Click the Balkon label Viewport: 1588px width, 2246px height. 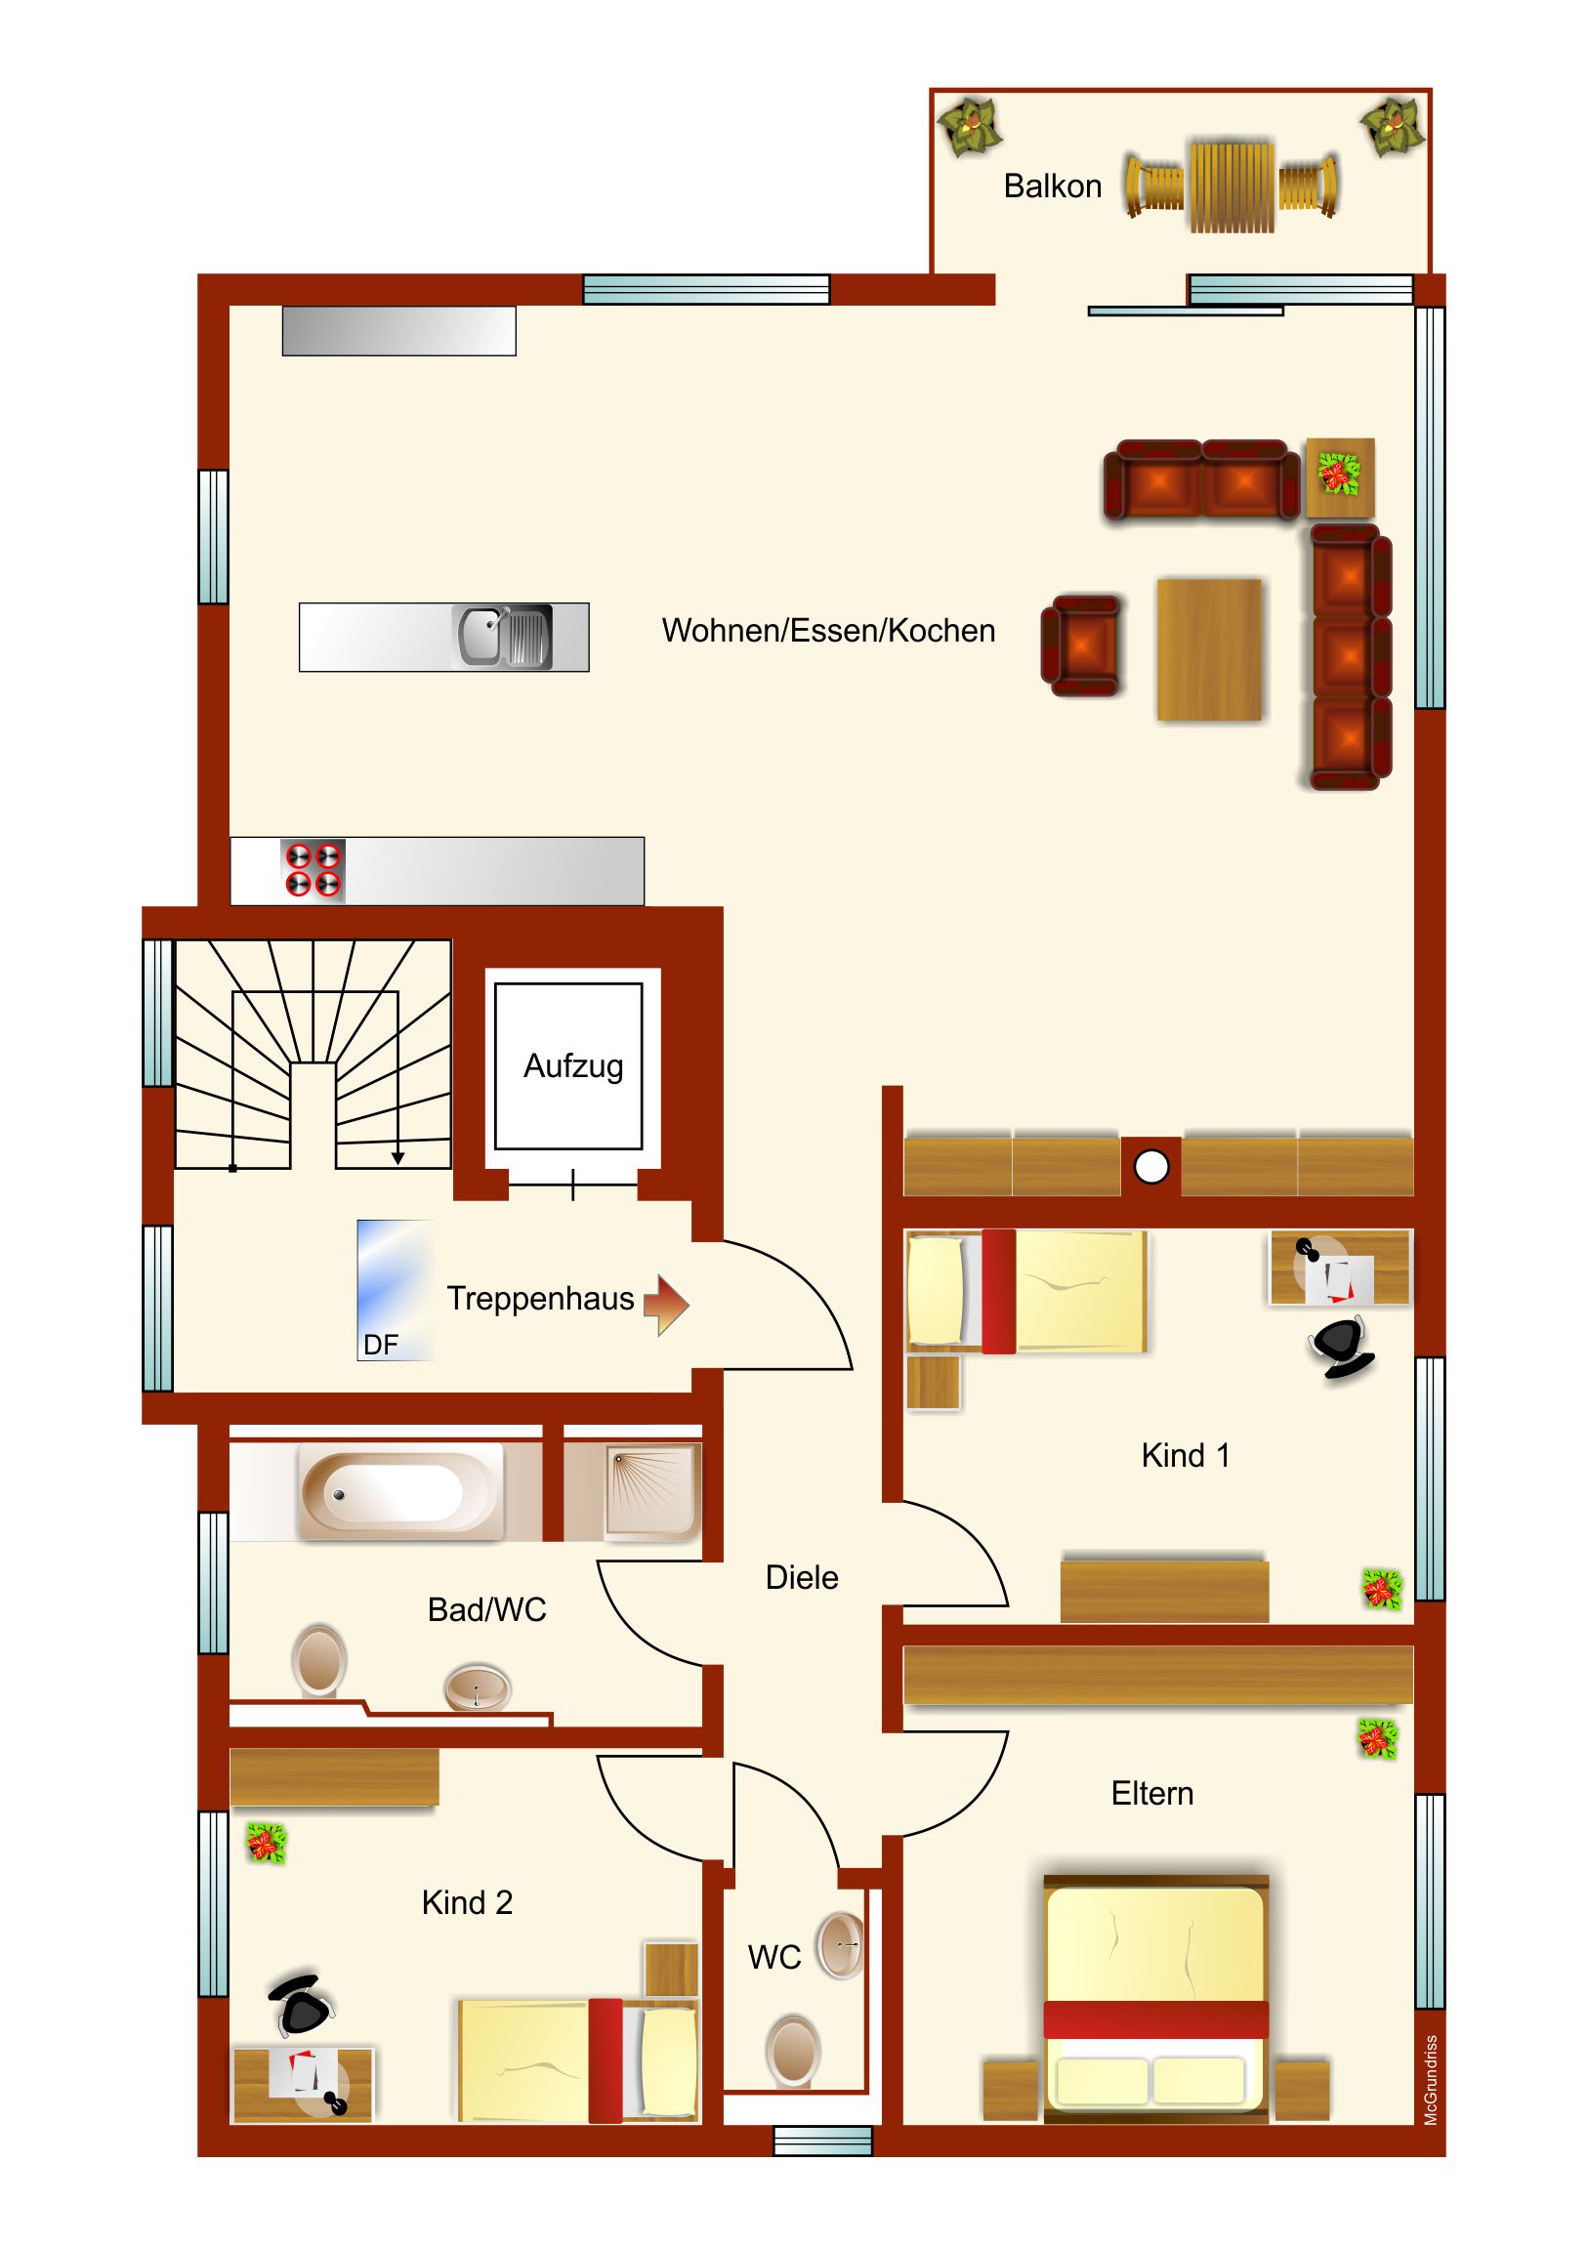[1052, 186]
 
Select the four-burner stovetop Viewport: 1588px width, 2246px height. [313, 870]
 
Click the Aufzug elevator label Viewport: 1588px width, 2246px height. [573, 1065]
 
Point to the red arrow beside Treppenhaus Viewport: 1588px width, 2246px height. [666, 1304]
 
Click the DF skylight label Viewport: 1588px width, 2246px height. [381, 1345]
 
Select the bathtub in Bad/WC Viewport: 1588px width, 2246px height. [399, 1492]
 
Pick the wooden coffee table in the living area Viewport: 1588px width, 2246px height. [1209, 649]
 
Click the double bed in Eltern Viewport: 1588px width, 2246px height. [1155, 1998]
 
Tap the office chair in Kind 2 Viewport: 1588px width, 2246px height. [302, 2004]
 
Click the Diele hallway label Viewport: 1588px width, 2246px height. [802, 1578]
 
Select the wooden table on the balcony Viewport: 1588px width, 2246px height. [1232, 187]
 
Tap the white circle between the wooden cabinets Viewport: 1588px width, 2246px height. [1150, 1166]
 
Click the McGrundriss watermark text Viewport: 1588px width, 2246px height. [1431, 2080]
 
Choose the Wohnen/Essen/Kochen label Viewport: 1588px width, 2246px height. [828, 631]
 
